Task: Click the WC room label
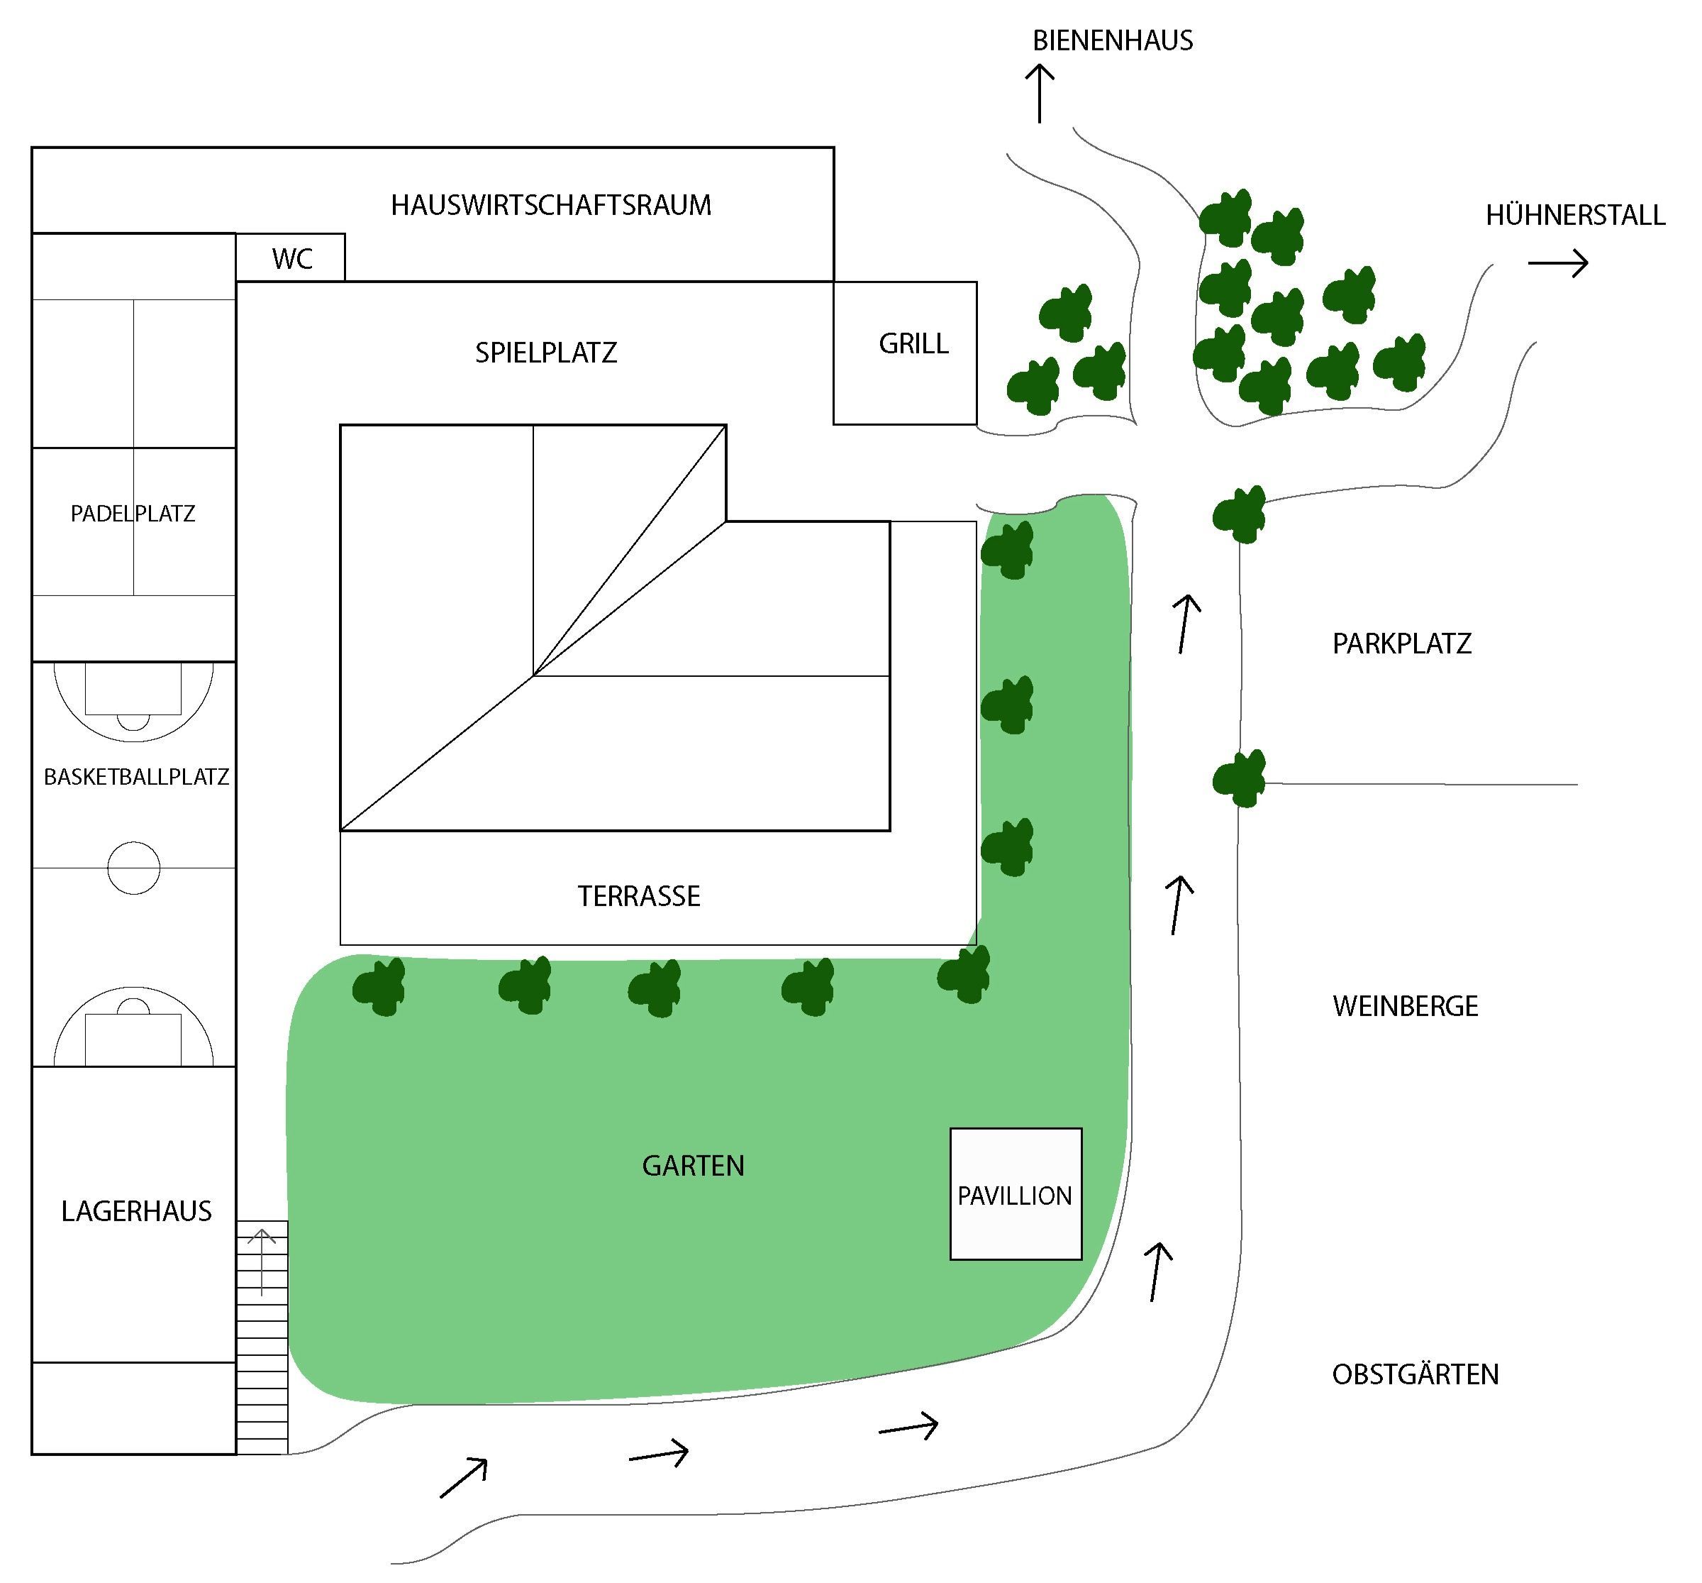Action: (x=292, y=259)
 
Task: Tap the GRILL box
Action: (x=905, y=353)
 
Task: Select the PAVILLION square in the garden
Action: (x=1016, y=1193)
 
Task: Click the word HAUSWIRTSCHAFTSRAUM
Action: (x=550, y=206)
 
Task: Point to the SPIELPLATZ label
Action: (x=546, y=353)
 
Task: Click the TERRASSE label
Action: (x=639, y=896)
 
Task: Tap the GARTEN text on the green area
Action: (x=694, y=1165)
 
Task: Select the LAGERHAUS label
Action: (x=136, y=1210)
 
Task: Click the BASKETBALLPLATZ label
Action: (x=136, y=776)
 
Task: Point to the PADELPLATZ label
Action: (x=133, y=513)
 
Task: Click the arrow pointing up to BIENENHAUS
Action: (x=1040, y=94)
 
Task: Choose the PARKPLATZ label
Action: (x=1401, y=644)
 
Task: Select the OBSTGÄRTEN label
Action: (x=1415, y=1374)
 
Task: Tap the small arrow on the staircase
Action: (x=262, y=1262)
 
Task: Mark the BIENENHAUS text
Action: (x=1112, y=40)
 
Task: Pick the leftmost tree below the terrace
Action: (x=379, y=987)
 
